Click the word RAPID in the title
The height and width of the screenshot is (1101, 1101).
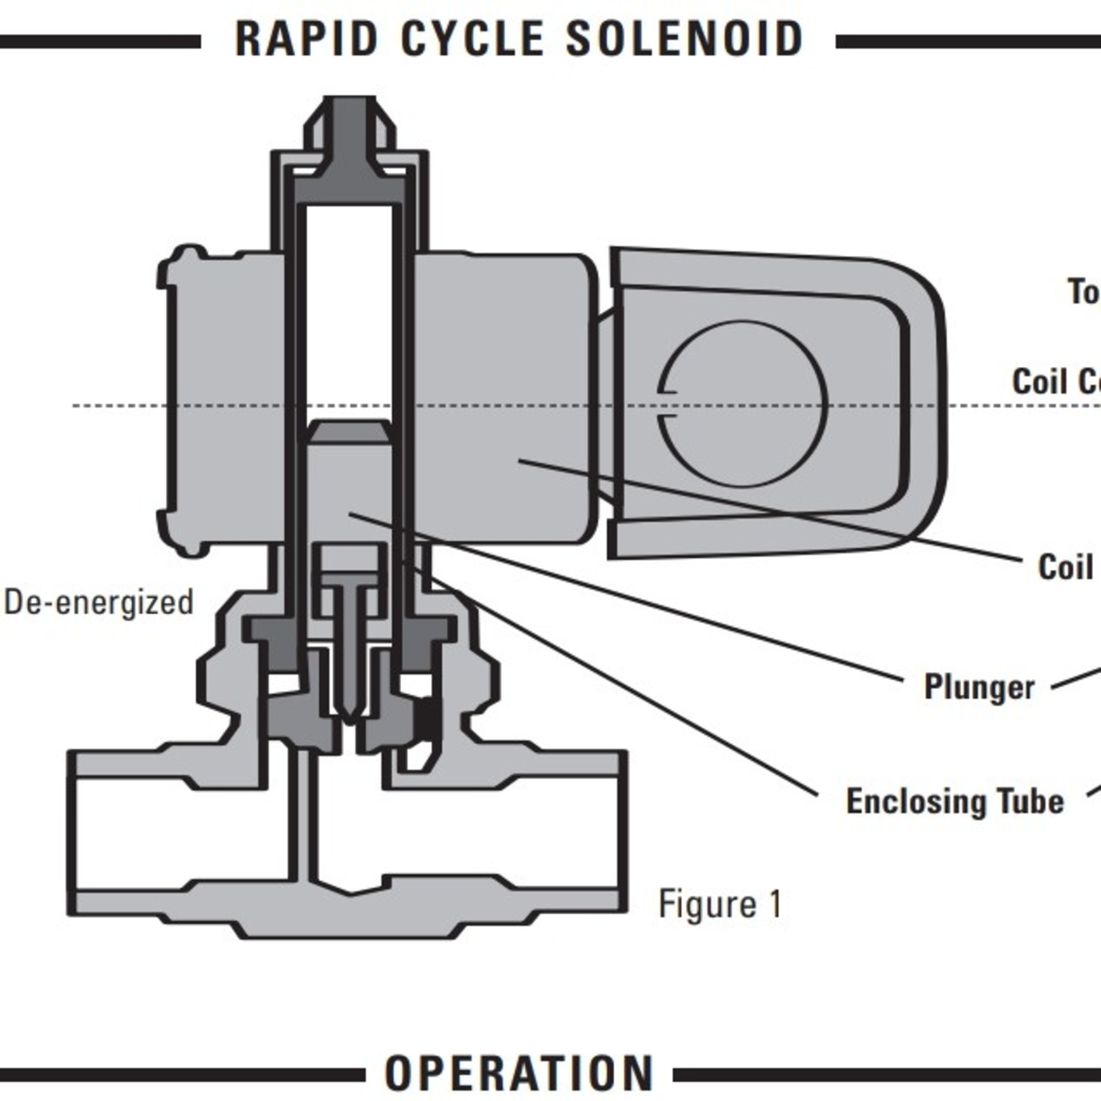pos(306,39)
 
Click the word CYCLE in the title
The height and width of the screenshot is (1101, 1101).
pos(472,39)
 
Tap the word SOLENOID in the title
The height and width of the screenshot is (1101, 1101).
pos(684,39)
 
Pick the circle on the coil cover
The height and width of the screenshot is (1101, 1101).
pos(742,403)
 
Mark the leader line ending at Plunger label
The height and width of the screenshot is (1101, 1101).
pos(627,598)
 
